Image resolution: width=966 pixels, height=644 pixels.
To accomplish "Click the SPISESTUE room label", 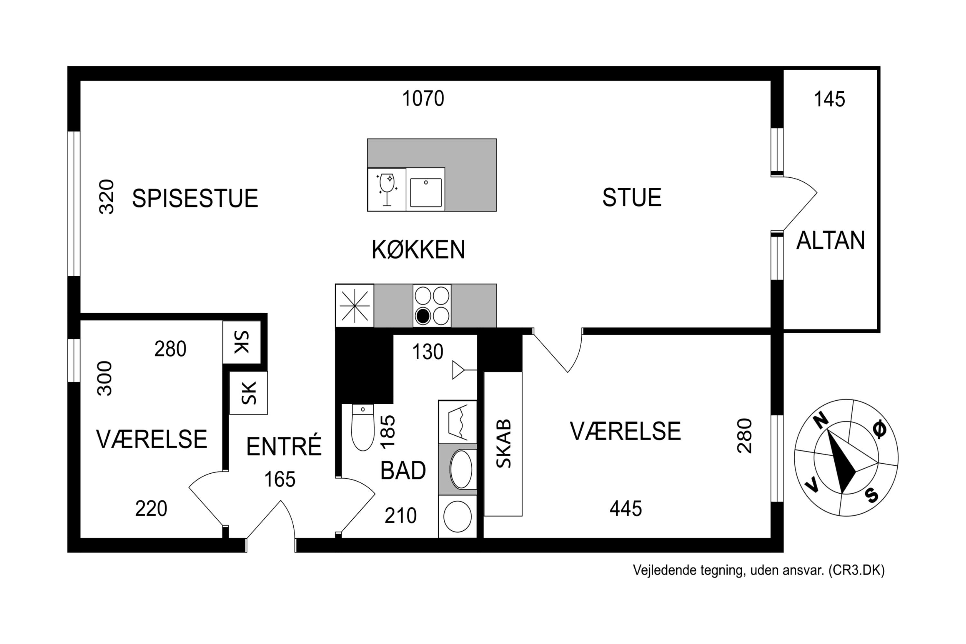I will (195, 198).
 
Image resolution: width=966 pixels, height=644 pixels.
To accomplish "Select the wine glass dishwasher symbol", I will (386, 189).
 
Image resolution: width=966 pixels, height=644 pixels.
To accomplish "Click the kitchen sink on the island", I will (425, 192).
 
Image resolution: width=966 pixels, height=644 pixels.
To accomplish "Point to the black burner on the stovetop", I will (422, 316).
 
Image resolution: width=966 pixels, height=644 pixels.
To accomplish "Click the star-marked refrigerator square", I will (355, 306).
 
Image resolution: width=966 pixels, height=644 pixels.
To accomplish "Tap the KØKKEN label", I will (418, 250).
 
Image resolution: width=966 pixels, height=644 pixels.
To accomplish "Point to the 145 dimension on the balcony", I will (829, 100).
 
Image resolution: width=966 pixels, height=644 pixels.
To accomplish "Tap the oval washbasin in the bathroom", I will (461, 469).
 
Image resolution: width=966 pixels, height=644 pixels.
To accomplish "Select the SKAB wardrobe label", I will (504, 444).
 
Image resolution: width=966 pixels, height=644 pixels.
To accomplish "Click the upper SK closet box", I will (241, 342).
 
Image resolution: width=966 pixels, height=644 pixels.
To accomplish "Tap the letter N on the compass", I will (820, 420).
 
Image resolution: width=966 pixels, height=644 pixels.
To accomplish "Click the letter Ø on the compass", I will (879, 429).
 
